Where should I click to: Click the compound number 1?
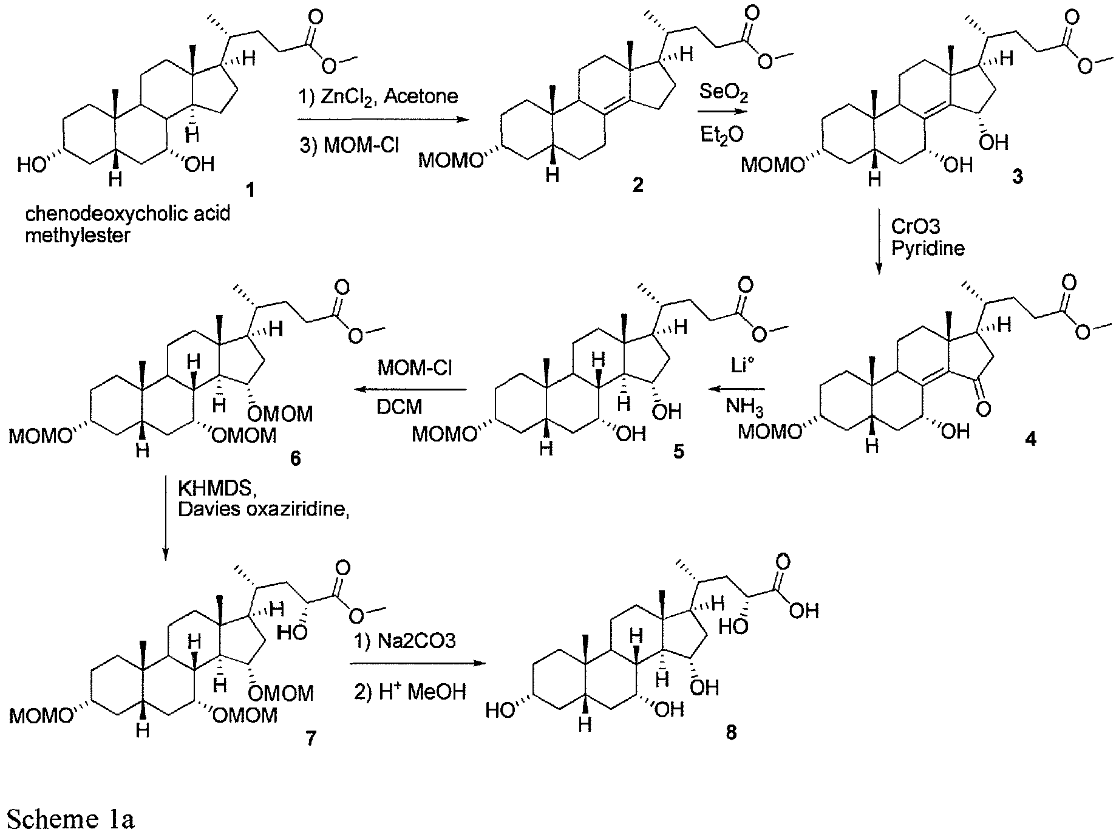point(249,191)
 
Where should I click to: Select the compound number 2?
point(638,185)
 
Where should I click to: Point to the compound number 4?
point(1030,438)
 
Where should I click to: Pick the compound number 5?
point(678,451)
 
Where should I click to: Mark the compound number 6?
point(295,458)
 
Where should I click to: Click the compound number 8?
point(731,733)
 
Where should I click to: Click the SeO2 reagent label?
point(724,93)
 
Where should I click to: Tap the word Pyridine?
point(928,248)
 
